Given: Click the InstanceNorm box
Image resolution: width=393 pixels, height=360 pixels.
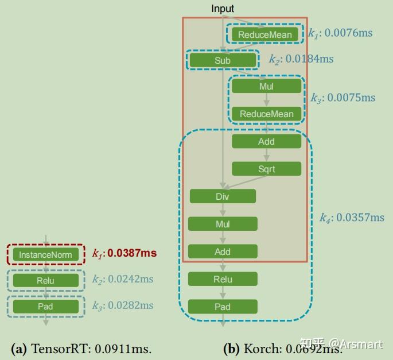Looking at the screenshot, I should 45,254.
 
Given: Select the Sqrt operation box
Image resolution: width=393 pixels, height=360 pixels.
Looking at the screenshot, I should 266,169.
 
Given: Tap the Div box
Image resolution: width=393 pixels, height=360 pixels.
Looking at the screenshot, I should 223,196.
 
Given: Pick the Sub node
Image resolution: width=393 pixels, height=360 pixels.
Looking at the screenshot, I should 223,60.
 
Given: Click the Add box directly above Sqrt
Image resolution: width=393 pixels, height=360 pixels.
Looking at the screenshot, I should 266,141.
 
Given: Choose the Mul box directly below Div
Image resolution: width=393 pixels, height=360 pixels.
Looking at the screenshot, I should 223,224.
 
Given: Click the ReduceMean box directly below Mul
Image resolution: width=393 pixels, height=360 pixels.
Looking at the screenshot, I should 266,114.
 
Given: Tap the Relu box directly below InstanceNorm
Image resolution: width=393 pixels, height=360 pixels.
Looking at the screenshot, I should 45,280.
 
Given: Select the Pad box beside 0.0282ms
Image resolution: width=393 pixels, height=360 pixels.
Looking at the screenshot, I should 45,306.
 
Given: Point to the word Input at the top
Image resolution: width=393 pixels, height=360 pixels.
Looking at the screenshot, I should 223,8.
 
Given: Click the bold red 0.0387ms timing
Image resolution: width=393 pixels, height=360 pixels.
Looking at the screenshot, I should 132,253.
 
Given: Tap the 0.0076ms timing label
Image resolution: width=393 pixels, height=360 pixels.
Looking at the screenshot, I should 348,33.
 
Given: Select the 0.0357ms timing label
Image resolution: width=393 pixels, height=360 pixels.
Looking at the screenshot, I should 360,218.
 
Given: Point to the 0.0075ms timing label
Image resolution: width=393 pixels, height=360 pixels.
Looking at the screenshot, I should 351,98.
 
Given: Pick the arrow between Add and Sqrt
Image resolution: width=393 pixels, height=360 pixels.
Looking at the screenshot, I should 266,155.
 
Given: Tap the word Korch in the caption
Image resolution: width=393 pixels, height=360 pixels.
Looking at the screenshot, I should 260,348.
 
